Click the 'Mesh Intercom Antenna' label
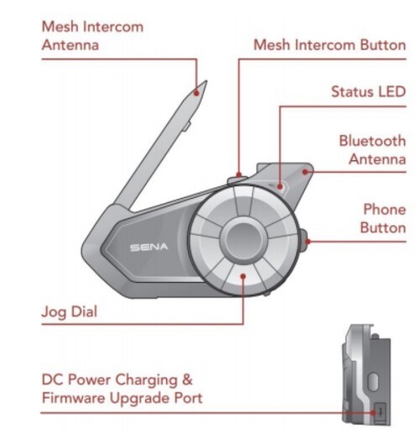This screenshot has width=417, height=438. point(92,35)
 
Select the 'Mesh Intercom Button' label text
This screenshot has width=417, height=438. point(329,44)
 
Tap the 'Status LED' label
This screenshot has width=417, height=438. point(367,91)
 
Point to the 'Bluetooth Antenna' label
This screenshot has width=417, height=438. point(372,149)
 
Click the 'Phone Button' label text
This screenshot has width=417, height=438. point(383,217)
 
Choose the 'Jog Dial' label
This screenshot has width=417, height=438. point(70,312)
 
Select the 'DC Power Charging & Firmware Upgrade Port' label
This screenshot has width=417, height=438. point(122,388)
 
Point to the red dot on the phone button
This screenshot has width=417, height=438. point(309,241)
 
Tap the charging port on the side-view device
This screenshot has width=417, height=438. point(378,410)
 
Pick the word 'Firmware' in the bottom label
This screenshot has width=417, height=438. point(78,397)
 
